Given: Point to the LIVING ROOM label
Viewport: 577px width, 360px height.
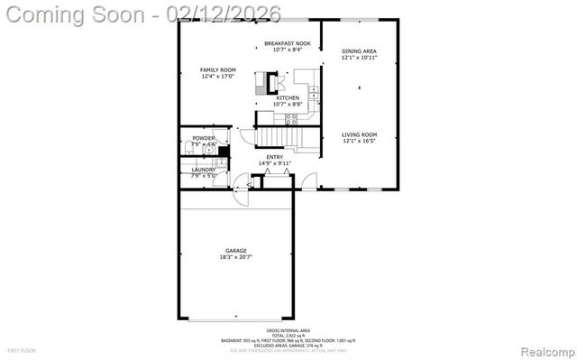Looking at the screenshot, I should point(359,134).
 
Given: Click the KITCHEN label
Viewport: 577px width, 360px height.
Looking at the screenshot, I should point(288,98).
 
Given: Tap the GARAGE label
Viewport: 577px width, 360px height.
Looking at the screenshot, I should point(236,251).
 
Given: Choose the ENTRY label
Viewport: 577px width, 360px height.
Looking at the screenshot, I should point(274,157).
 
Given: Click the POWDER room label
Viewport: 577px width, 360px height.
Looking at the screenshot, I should point(203,138).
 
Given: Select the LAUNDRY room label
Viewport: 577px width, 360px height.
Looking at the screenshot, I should point(202,170).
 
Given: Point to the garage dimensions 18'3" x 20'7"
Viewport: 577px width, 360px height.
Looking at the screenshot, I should point(236,257).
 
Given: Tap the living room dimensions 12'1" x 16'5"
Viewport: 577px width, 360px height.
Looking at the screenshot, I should point(359,141).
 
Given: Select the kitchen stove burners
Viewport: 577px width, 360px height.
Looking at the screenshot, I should point(291,118).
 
